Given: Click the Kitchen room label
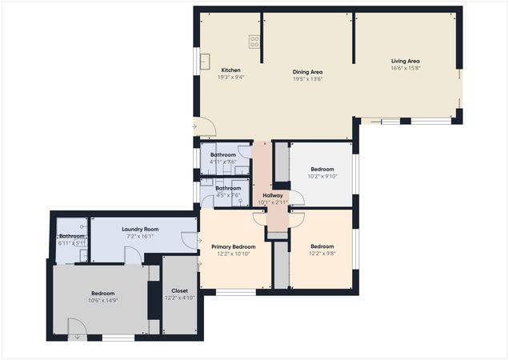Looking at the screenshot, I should pyautogui.click(x=230, y=70).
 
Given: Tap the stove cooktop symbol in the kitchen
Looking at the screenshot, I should pyautogui.click(x=255, y=42).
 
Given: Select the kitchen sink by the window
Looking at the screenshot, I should pyautogui.click(x=205, y=59).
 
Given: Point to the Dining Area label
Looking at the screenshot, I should pyautogui.click(x=307, y=72).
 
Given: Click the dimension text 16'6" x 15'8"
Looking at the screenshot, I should pyautogui.click(x=405, y=69).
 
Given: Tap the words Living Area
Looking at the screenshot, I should pyautogui.click(x=405, y=62).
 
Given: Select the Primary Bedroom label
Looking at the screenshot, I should pyautogui.click(x=234, y=247).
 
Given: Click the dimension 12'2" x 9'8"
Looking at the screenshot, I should pyautogui.click(x=322, y=254).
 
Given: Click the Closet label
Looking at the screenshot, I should pyautogui.click(x=180, y=290).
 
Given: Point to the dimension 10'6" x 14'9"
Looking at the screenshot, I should pyautogui.click(x=102, y=301).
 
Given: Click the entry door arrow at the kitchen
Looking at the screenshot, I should pyautogui.click(x=195, y=126).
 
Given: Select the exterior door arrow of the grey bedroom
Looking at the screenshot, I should pyautogui.click(x=77, y=337).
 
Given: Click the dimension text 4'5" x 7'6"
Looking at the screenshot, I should pyautogui.click(x=228, y=195).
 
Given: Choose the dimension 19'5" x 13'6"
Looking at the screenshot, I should pyautogui.click(x=307, y=79).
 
